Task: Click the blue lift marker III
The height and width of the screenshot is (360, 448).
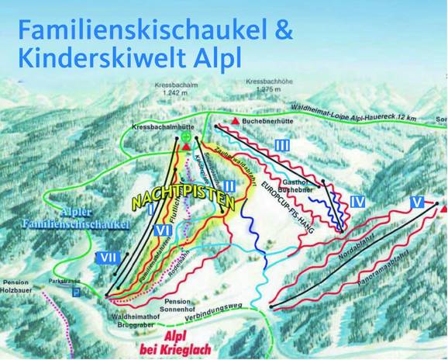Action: [x=282, y=145]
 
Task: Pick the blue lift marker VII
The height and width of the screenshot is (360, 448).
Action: [x=107, y=257]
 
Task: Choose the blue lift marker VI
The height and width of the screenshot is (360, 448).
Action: [x=162, y=230]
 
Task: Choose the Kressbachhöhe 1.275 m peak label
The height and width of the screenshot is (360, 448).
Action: [x=267, y=85]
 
